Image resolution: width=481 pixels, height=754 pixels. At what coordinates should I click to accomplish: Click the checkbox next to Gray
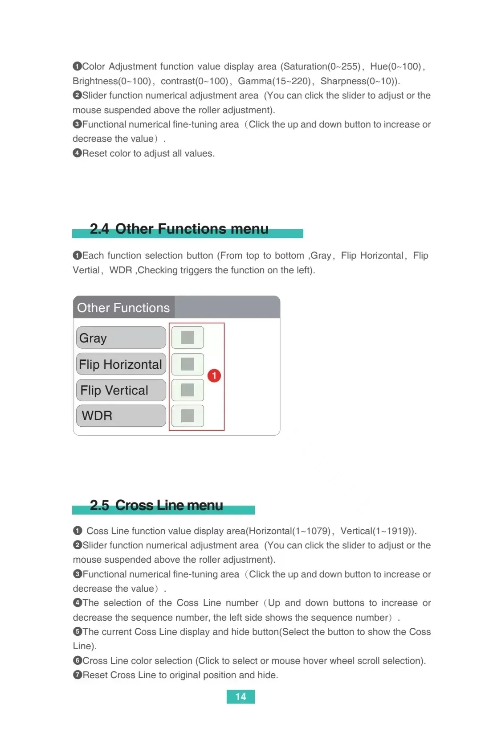pyautogui.click(x=188, y=338)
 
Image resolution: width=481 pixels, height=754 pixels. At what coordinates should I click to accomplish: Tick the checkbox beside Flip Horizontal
pyautogui.click(x=188, y=364)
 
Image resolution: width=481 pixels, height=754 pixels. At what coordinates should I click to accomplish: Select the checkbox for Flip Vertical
pyautogui.click(x=188, y=390)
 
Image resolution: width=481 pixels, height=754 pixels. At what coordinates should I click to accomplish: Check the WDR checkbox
pyautogui.click(x=188, y=416)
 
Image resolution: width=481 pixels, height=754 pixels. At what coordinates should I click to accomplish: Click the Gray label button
pyautogui.click(x=121, y=338)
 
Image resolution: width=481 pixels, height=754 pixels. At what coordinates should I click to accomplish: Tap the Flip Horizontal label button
pyautogui.click(x=121, y=364)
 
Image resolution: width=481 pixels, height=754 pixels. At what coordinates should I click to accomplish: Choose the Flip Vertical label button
pyautogui.click(x=121, y=390)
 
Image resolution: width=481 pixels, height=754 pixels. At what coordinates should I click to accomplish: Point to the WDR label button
pyautogui.click(x=121, y=416)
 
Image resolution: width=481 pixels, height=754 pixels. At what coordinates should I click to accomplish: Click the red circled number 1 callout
pyautogui.click(x=214, y=375)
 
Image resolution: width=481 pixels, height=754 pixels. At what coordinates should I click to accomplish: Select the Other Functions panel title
pyautogui.click(x=123, y=308)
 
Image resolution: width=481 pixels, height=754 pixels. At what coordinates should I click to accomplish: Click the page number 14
pyautogui.click(x=240, y=696)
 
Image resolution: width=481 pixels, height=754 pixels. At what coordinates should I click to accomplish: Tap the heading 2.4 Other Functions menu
pyautogui.click(x=179, y=229)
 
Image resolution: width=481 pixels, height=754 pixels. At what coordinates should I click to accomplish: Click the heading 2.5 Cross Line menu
pyautogui.click(x=156, y=505)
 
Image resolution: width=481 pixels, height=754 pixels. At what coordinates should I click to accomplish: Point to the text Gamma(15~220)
pyautogui.click(x=274, y=81)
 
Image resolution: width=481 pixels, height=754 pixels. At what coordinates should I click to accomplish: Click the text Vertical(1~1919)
pyautogui.click(x=378, y=531)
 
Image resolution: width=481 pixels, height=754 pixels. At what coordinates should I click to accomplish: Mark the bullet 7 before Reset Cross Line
pyautogui.click(x=77, y=675)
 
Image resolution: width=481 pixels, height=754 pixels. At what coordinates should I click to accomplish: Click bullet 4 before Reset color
pyautogui.click(x=77, y=153)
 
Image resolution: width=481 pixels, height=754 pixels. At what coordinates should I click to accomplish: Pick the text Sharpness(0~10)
pyautogui.click(x=359, y=81)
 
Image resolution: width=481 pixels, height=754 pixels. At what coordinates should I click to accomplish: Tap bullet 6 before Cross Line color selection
pyautogui.click(x=77, y=660)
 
